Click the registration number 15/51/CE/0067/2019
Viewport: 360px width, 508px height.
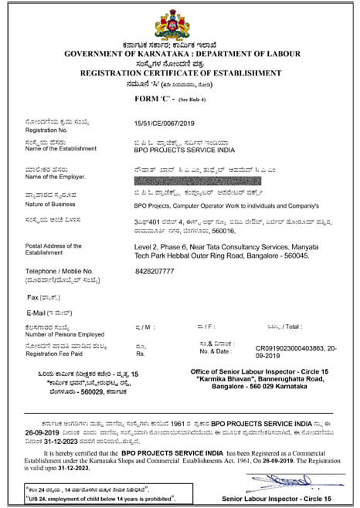pos(166,123)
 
